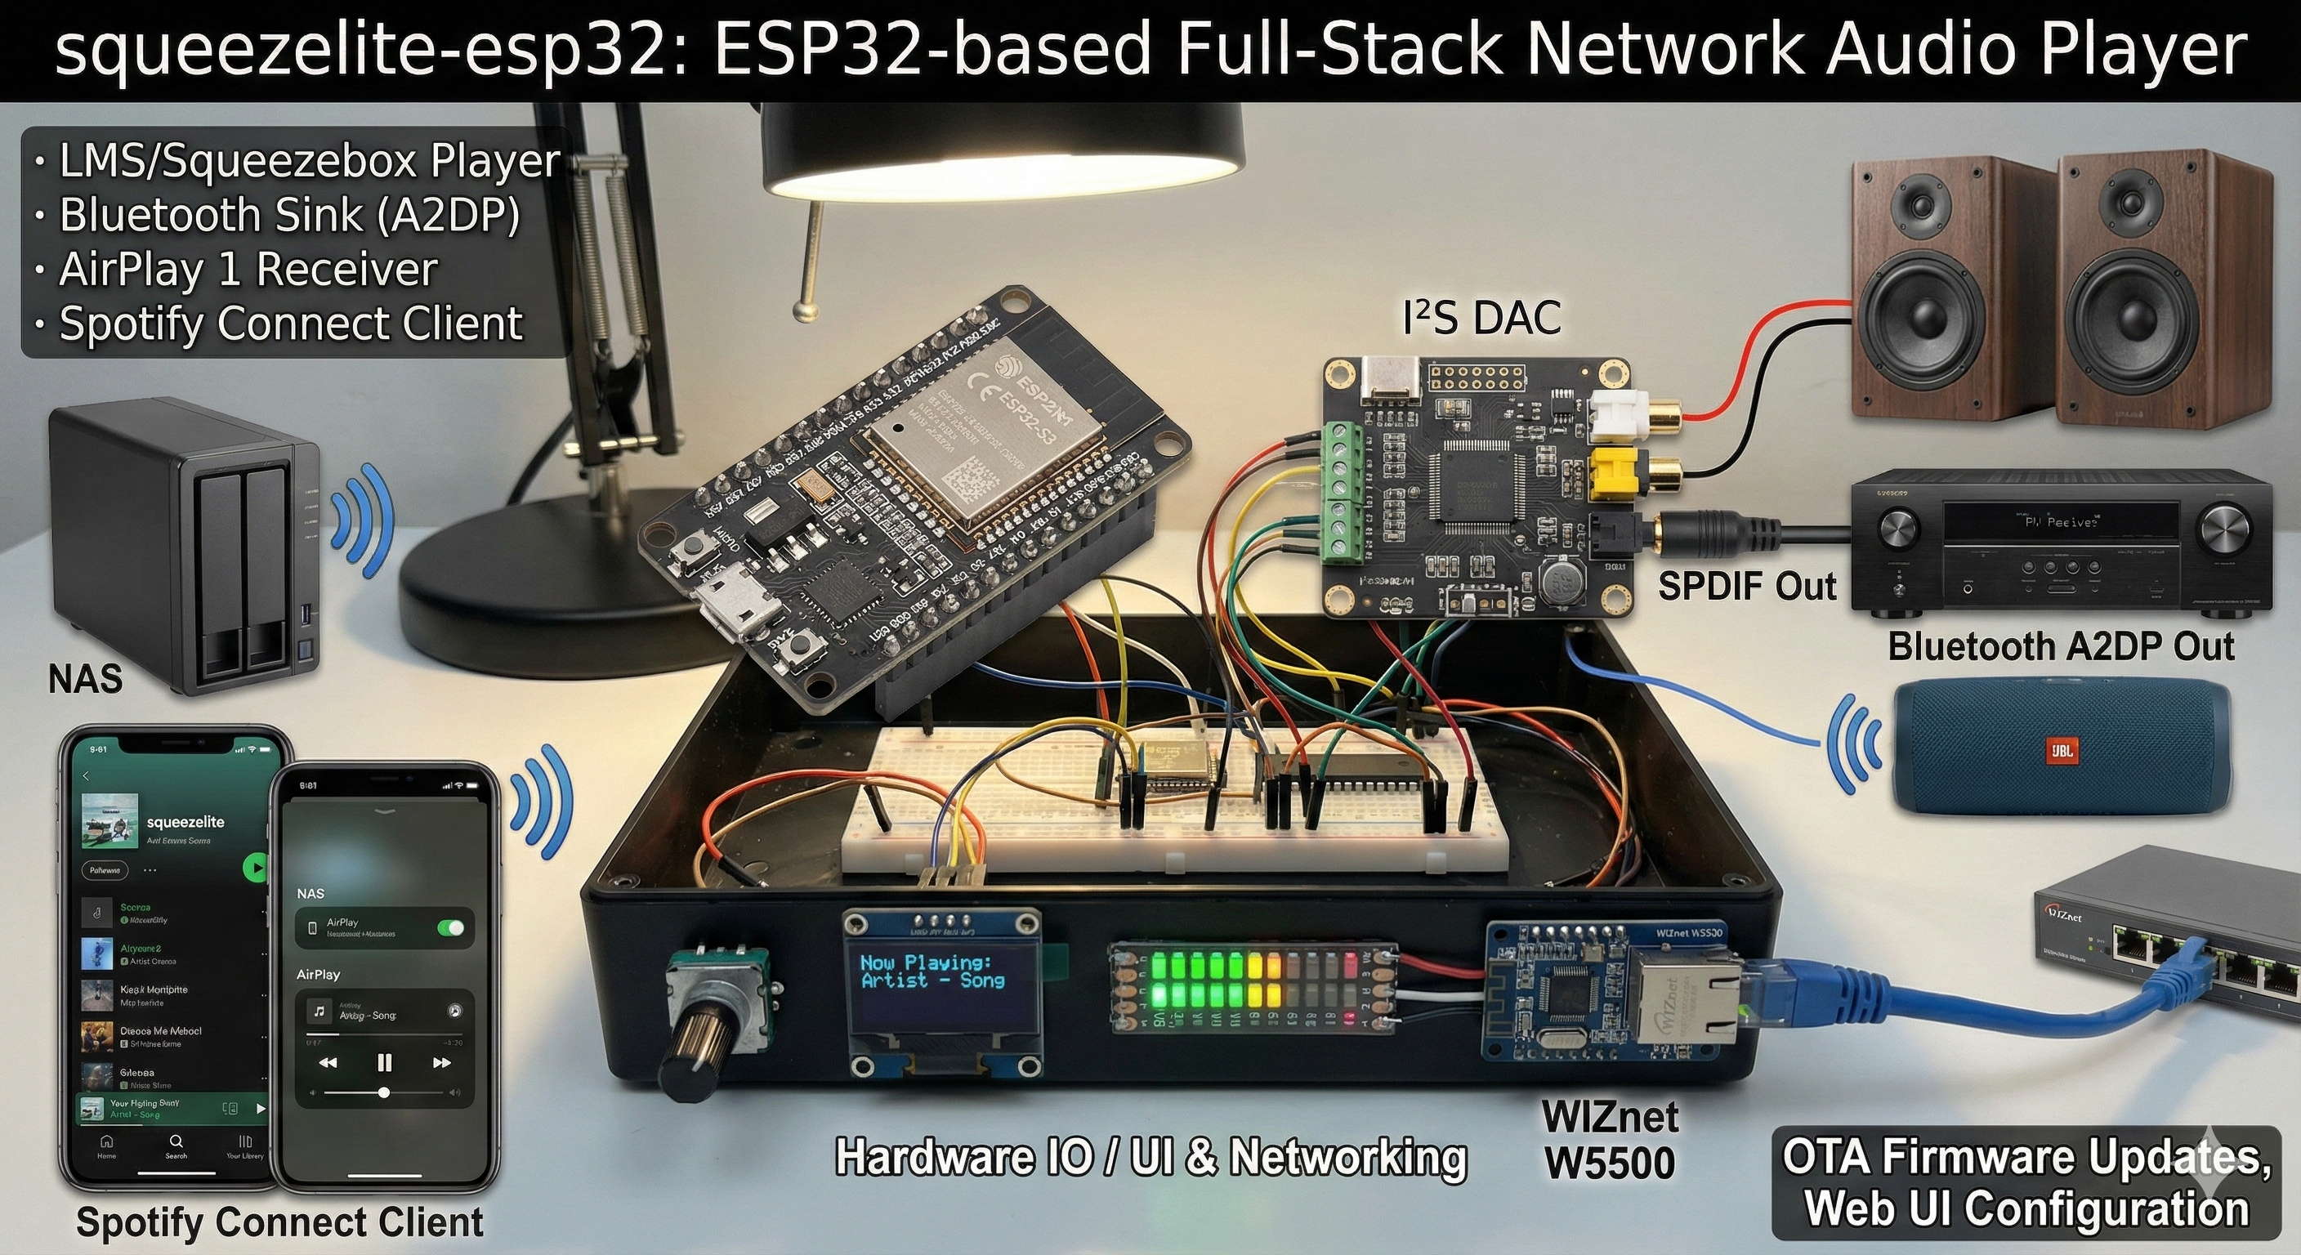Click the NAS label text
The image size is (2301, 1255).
click(x=85, y=680)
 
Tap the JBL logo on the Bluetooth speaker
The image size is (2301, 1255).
click(x=2061, y=749)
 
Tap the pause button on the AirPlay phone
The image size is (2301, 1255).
click(x=384, y=1062)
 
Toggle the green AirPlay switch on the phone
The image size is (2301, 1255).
click(x=451, y=928)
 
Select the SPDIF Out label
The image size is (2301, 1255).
click(x=1746, y=587)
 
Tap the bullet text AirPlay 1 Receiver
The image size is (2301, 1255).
click(x=248, y=270)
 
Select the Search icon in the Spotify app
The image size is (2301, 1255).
click(x=176, y=1144)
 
